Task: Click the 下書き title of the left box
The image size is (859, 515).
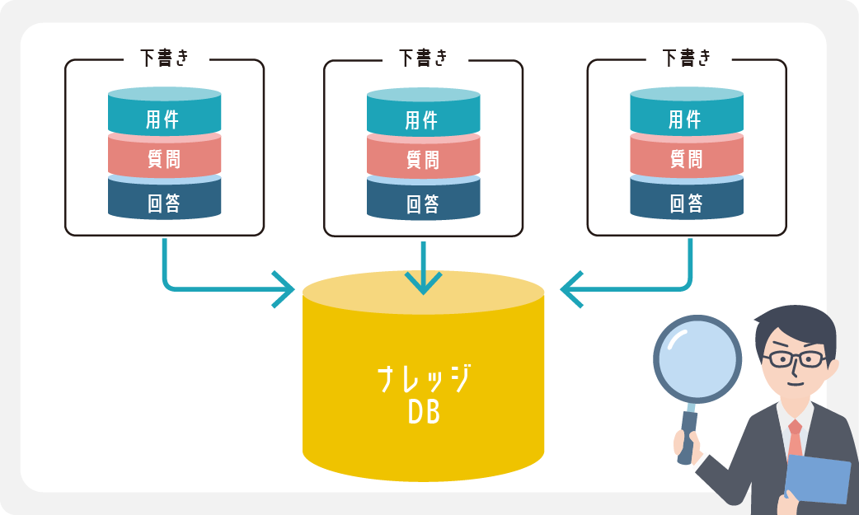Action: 164,58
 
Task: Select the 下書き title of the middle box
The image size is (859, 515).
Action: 423,58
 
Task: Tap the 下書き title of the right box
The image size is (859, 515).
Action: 686,58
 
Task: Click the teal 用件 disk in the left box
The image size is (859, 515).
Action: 164,116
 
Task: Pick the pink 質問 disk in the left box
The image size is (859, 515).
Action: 164,157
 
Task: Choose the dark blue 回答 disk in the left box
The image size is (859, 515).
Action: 164,200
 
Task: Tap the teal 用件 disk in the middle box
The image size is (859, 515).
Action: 423,116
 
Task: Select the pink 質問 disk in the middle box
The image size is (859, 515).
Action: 423,157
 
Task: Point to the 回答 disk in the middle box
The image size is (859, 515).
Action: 423,200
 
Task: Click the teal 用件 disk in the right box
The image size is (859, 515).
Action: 686,116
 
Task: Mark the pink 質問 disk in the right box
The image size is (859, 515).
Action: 686,157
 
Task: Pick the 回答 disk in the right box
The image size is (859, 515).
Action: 686,200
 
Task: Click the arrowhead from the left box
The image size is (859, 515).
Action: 285,289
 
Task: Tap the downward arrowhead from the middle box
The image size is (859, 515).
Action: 424,283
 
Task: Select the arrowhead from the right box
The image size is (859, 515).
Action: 570,289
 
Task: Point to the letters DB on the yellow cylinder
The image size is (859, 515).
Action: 424,412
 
